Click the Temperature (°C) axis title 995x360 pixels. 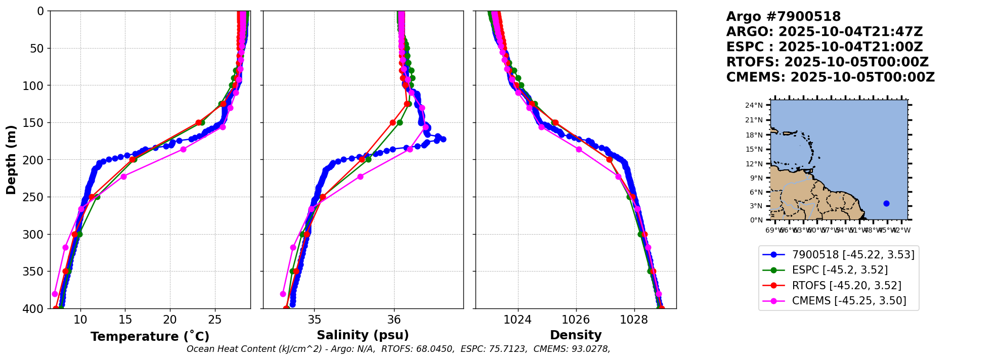(150, 337)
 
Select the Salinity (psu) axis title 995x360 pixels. (363, 335)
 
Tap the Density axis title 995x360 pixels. (576, 335)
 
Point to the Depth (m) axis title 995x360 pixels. (11, 159)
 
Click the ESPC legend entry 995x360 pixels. (840, 270)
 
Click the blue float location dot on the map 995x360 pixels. (886, 203)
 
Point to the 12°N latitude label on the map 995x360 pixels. (757, 164)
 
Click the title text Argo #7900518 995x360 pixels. (784, 17)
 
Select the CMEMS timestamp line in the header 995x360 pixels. (830, 77)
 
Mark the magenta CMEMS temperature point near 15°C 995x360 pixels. (123, 176)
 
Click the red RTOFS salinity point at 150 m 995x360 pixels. (393, 122)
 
